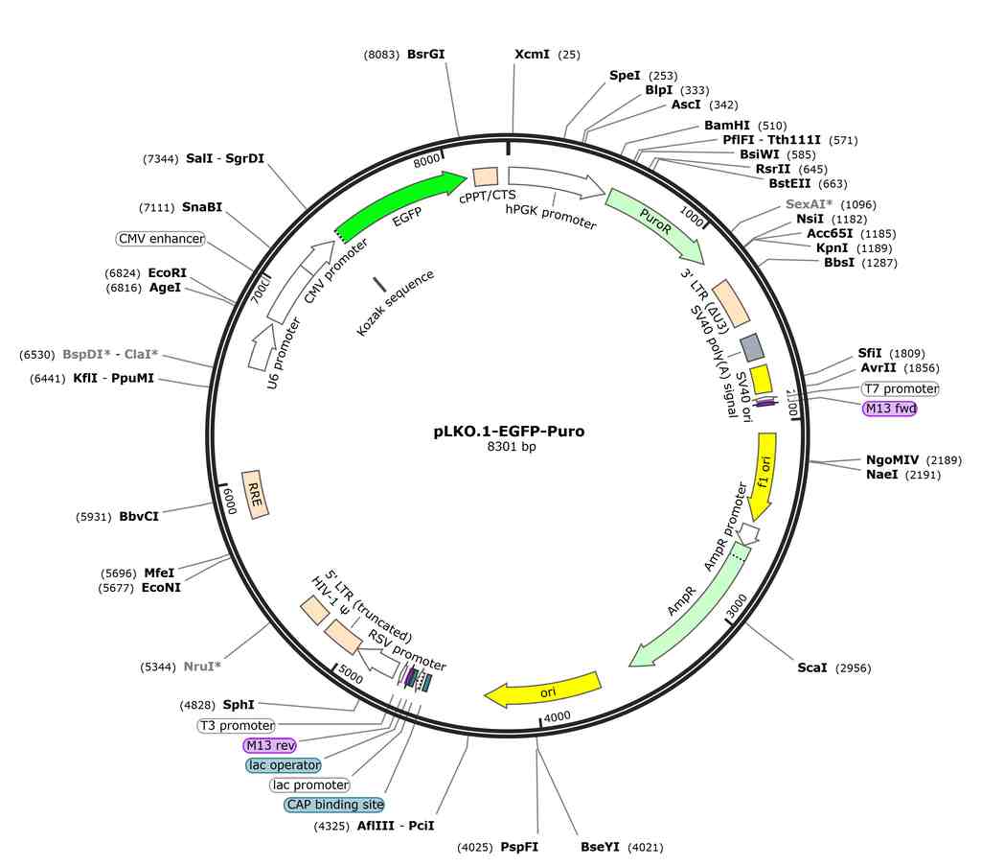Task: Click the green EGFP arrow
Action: coord(400,201)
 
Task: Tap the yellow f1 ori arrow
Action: coord(764,476)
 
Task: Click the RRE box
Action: coord(255,494)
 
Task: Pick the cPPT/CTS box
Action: coord(486,176)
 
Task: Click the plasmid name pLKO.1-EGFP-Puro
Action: coord(510,432)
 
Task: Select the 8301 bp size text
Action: coord(512,447)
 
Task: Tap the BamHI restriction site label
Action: coord(726,126)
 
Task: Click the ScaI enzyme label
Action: coord(812,667)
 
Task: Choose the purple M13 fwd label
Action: coord(890,409)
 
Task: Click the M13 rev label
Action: coord(269,745)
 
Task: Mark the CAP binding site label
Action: coord(334,805)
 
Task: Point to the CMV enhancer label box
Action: coord(161,239)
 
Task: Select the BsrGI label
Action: coord(425,55)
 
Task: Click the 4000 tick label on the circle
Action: coord(557,716)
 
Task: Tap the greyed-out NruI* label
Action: coord(202,667)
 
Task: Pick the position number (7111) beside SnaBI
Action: coord(156,208)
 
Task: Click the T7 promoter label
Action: coord(901,388)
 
